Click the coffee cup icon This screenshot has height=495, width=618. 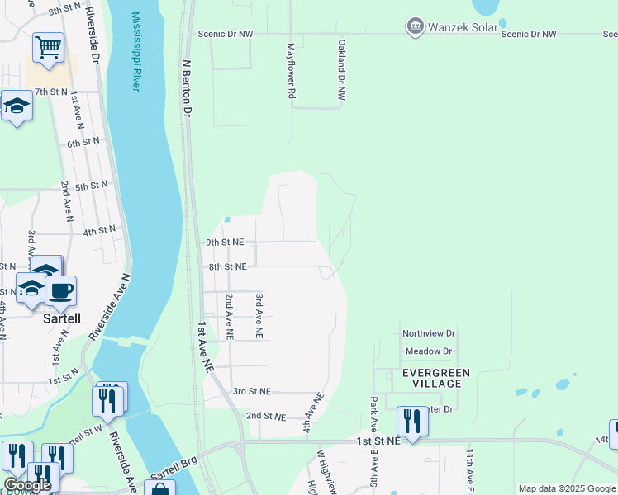[61, 290]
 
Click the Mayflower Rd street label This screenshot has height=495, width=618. [291, 72]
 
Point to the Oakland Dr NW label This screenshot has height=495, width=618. [340, 72]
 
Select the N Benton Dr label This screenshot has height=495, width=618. [187, 87]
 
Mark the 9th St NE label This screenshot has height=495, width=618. [226, 243]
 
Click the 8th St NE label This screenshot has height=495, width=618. [227, 267]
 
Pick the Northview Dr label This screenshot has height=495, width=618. [429, 333]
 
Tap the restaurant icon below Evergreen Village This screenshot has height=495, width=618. [411, 422]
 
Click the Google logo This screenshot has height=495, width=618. [26, 485]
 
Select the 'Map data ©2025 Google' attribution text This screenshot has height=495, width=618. [567, 488]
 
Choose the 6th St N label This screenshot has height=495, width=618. [83, 142]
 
